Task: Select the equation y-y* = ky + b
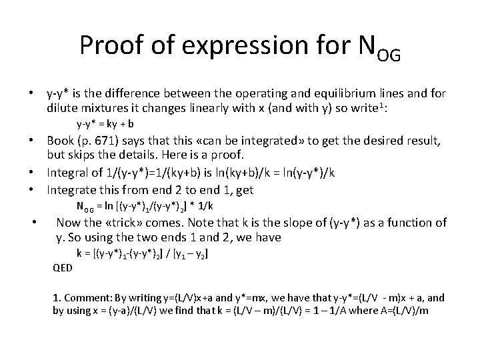click(105, 123)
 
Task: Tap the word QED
click(64, 268)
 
